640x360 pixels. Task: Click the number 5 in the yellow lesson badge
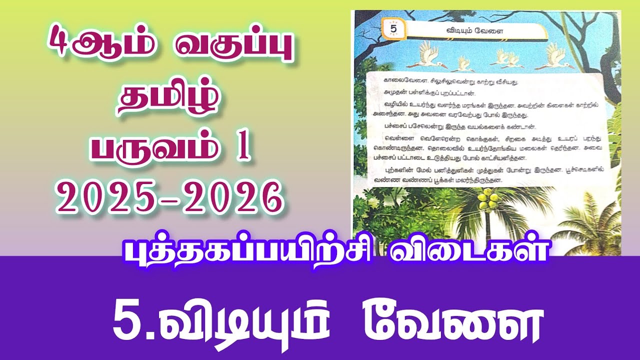pyautogui.click(x=392, y=28)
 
